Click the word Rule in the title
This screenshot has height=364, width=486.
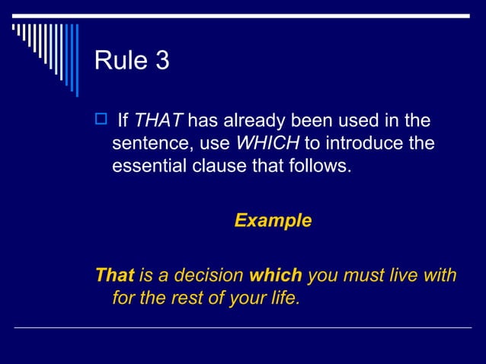(120, 61)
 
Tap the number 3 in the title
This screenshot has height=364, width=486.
(161, 61)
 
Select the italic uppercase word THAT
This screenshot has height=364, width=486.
(158, 120)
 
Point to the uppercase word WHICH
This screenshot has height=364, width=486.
(268, 142)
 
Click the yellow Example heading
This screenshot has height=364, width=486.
(273, 221)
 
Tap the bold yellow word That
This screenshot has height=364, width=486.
(114, 275)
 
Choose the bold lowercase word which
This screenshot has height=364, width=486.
(276, 275)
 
